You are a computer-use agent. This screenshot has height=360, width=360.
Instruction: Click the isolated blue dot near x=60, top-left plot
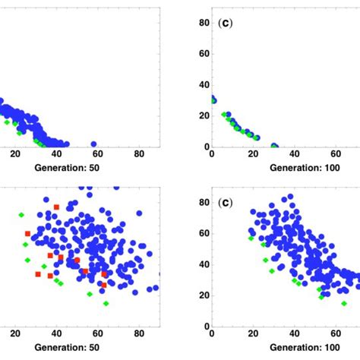point(94,144)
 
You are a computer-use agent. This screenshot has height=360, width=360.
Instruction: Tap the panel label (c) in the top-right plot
point(225,24)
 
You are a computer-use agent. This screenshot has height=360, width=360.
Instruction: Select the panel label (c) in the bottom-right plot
point(225,204)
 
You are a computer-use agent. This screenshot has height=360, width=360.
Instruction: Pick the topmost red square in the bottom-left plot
point(56,207)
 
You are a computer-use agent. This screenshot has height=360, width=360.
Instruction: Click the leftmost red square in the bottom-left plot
point(27,234)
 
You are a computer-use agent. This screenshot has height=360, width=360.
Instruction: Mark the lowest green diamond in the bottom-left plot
point(106,303)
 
